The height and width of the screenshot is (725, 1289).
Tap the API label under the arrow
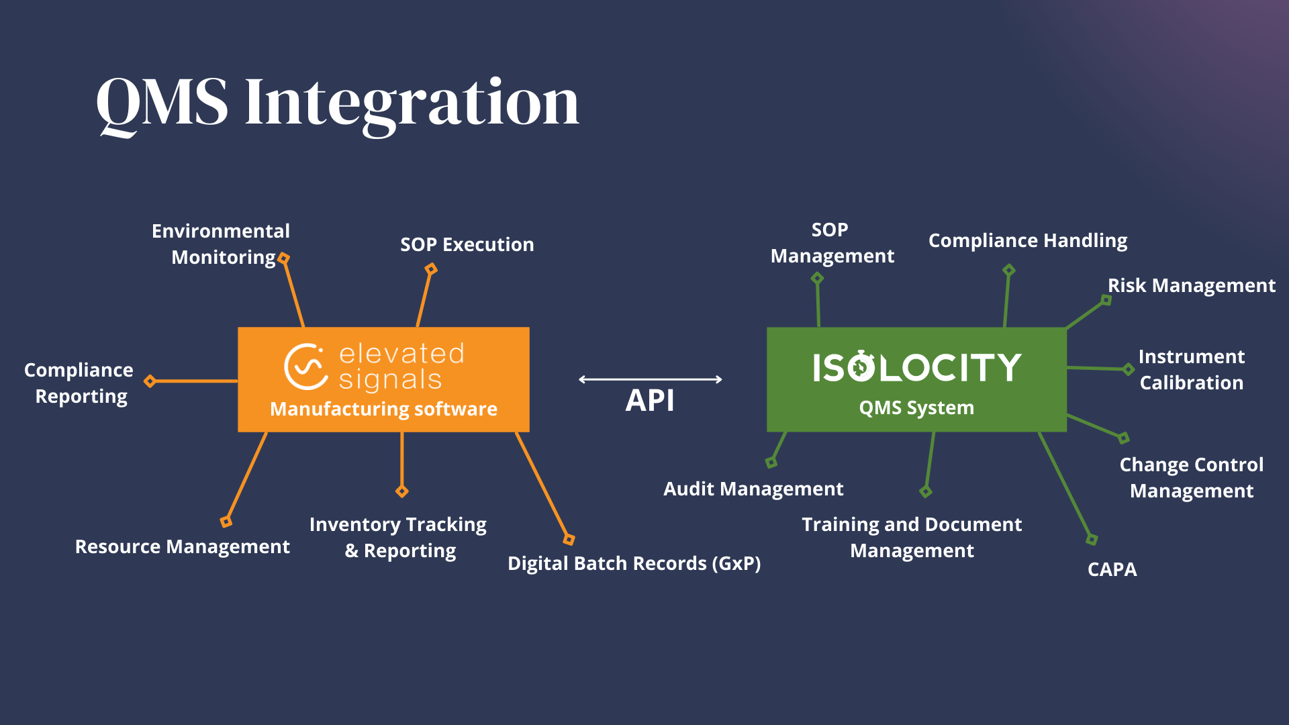tap(649, 401)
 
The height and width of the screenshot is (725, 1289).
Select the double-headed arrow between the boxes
tap(650, 379)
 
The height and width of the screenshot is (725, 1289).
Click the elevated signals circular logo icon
tap(305, 367)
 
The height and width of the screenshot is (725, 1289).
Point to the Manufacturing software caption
tap(383, 409)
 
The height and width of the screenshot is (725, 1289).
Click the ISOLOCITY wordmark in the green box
tap(916, 368)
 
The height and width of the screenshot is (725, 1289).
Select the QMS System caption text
tap(916, 407)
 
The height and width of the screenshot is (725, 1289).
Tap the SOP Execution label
tap(467, 244)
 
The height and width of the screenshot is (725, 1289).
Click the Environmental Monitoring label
tap(221, 244)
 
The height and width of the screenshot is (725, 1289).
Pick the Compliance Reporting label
tap(79, 383)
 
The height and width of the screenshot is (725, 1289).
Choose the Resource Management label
tap(182, 546)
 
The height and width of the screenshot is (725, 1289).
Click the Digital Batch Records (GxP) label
tap(634, 563)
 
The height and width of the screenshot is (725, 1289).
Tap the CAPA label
tap(1112, 569)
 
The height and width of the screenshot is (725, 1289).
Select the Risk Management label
tap(1191, 285)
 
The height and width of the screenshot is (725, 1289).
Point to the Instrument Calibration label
tap(1191, 369)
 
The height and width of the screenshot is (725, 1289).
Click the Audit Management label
tap(753, 489)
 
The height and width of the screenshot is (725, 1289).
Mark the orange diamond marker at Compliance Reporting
tap(150, 381)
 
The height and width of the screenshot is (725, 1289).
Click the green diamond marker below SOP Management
tap(817, 278)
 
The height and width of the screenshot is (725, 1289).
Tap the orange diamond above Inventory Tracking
tap(402, 491)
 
